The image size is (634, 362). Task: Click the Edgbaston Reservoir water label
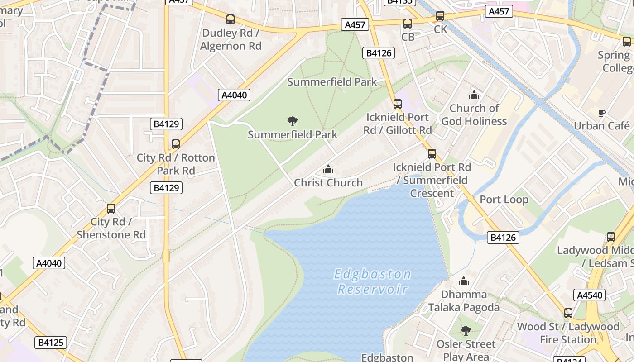[x=373, y=281]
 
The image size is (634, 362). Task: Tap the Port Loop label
[x=504, y=200]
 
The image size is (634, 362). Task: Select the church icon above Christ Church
[x=328, y=170]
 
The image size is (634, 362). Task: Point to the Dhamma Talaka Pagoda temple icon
[x=464, y=281]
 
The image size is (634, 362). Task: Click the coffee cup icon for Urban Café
[x=601, y=113]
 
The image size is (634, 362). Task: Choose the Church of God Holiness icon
[x=474, y=95]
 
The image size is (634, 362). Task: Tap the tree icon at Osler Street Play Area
[x=466, y=331]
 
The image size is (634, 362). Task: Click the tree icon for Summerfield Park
[x=293, y=121]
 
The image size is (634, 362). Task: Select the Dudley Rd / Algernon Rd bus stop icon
[x=231, y=19]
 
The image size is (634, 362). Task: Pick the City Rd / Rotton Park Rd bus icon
[x=176, y=144]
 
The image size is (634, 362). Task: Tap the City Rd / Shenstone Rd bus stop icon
[x=111, y=209]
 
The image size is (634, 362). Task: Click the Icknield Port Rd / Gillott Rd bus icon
[x=398, y=104]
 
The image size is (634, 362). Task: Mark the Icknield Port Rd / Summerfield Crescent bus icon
[x=432, y=154]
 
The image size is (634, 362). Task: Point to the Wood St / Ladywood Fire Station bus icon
[x=568, y=313]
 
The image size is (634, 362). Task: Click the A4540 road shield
[x=589, y=295]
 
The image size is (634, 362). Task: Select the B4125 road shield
[x=50, y=343]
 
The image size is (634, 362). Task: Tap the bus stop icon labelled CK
[x=440, y=16]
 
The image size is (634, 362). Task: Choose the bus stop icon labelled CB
[x=408, y=24]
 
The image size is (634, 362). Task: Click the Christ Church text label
[x=328, y=183]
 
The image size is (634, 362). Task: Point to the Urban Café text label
[x=601, y=125]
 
